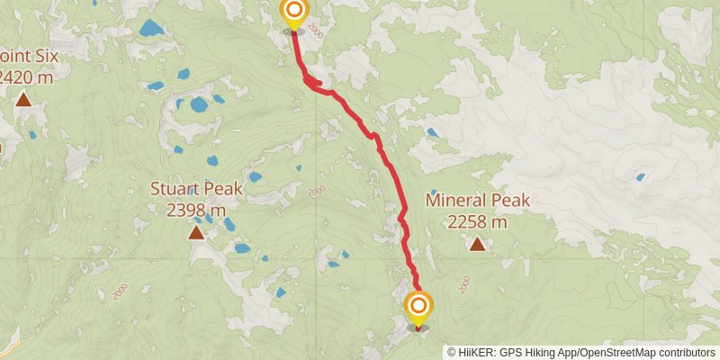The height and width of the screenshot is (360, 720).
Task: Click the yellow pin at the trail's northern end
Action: tap(293, 13)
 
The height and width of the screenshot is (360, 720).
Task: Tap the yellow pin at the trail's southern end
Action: tap(418, 309)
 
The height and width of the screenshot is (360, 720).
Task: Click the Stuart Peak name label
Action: tap(195, 190)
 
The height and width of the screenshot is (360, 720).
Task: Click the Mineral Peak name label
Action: tap(477, 200)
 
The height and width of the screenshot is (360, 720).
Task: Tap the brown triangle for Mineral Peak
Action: tap(477, 244)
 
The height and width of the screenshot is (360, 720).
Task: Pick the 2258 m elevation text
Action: tap(477, 220)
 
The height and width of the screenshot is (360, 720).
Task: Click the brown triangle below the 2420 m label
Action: tap(22, 100)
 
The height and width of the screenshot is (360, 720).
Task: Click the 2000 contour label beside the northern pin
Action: tap(314, 30)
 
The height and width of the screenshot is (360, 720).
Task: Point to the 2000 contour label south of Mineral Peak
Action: tap(463, 285)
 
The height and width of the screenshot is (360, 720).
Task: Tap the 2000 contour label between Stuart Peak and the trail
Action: tap(316, 192)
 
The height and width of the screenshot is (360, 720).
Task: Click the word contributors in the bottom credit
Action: tap(686, 352)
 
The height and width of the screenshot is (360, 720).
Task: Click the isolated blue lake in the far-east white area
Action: tap(640, 177)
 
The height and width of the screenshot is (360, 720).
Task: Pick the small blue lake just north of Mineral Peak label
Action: tap(432, 132)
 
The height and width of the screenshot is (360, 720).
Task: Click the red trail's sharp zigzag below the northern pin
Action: tap(313, 83)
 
